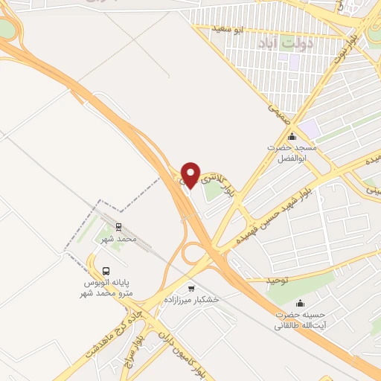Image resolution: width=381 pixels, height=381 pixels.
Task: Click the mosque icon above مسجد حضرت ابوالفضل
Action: click(x=292, y=136)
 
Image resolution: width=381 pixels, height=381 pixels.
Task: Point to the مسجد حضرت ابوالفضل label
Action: click(x=292, y=153)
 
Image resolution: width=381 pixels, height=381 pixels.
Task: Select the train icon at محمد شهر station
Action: click(x=118, y=228)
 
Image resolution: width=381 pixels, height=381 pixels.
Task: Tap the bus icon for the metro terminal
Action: click(x=106, y=272)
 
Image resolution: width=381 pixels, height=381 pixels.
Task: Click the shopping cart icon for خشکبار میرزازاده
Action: click(x=191, y=288)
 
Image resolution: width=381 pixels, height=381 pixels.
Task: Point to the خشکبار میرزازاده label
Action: click(x=191, y=299)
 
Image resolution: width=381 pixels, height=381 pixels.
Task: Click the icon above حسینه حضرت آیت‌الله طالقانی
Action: click(x=301, y=303)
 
